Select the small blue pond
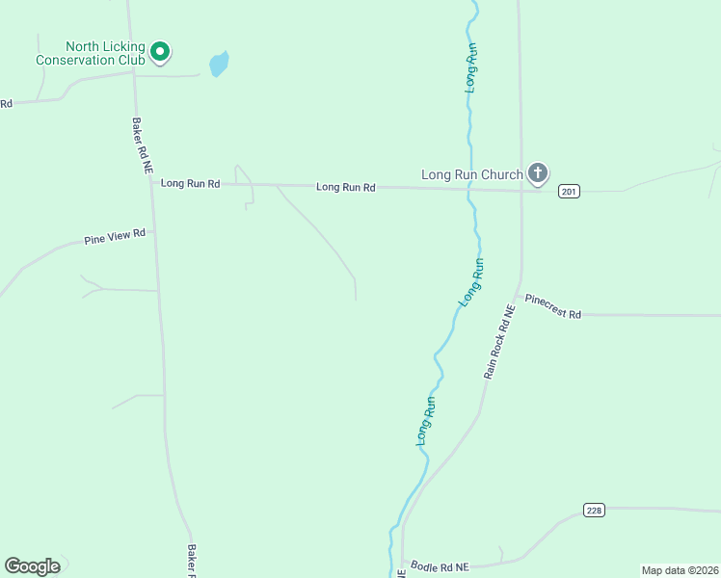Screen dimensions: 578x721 [x=219, y=64]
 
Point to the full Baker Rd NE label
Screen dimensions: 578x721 [x=142, y=144]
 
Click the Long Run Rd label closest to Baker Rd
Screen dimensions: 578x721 [x=190, y=183]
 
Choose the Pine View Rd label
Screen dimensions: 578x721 [x=114, y=236]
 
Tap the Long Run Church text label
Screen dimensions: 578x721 [x=472, y=174]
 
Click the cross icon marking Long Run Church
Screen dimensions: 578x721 [x=538, y=174]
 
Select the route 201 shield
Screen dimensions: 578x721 [x=569, y=192]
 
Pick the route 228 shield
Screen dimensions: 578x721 [x=594, y=510]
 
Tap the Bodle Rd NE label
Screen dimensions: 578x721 [x=439, y=566]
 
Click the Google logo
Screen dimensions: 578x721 [x=32, y=566]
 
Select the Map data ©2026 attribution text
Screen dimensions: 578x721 [x=681, y=570]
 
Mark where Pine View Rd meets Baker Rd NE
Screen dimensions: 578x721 [x=154, y=231]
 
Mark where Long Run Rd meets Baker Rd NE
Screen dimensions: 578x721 [x=149, y=182]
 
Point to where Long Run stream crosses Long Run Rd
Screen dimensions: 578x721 [x=468, y=188]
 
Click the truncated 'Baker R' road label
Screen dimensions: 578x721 [x=192, y=562]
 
